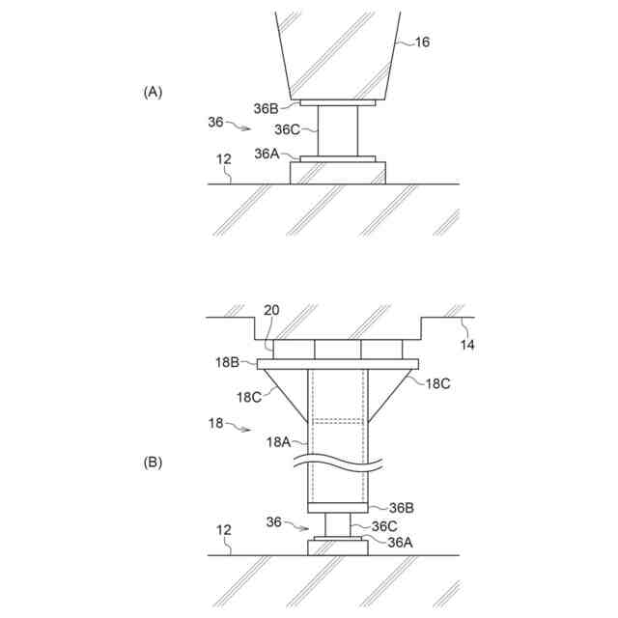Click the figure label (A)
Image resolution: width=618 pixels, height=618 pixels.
pos(154,92)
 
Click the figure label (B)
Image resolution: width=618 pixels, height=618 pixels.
pos(154,463)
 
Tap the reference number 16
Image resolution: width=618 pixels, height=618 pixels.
pos(422,42)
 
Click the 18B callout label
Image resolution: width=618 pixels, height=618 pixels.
pos(228,363)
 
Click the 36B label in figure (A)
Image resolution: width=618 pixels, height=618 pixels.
pos(267,109)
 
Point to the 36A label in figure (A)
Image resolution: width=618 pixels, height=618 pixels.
pos(267,154)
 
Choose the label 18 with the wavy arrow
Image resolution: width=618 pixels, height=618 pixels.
pos(217,423)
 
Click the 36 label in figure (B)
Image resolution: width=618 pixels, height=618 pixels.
pos(274,521)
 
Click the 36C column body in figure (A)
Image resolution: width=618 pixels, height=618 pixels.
pos(338,131)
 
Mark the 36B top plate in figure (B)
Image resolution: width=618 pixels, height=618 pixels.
pos(337,508)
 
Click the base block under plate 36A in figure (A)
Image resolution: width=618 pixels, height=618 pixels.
pos(338,173)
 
